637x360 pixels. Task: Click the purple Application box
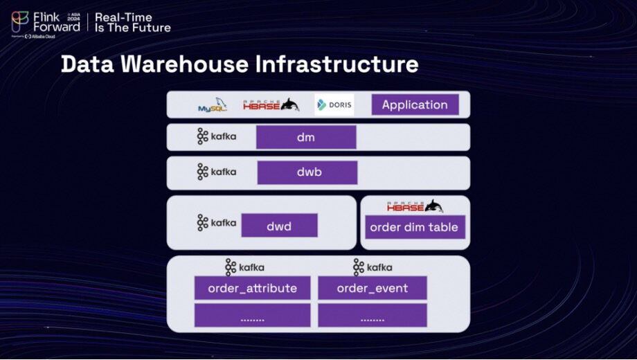point(415,105)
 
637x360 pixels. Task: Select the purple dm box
point(305,137)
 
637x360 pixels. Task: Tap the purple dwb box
point(307,172)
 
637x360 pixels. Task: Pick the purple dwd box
point(279,225)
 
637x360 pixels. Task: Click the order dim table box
point(414,227)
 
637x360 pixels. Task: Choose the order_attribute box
point(252,288)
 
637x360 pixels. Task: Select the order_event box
point(373,288)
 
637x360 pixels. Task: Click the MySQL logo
point(213,105)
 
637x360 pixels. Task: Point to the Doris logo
point(334,105)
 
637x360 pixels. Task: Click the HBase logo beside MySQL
point(271,105)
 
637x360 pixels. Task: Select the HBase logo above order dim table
point(415,206)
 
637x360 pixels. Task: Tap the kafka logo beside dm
point(216,136)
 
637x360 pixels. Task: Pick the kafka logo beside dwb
point(216,171)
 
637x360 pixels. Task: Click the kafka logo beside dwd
point(216,222)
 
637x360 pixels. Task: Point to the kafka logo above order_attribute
point(244,267)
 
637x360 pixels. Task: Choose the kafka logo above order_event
point(373,267)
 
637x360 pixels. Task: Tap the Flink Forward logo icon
point(20,21)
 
